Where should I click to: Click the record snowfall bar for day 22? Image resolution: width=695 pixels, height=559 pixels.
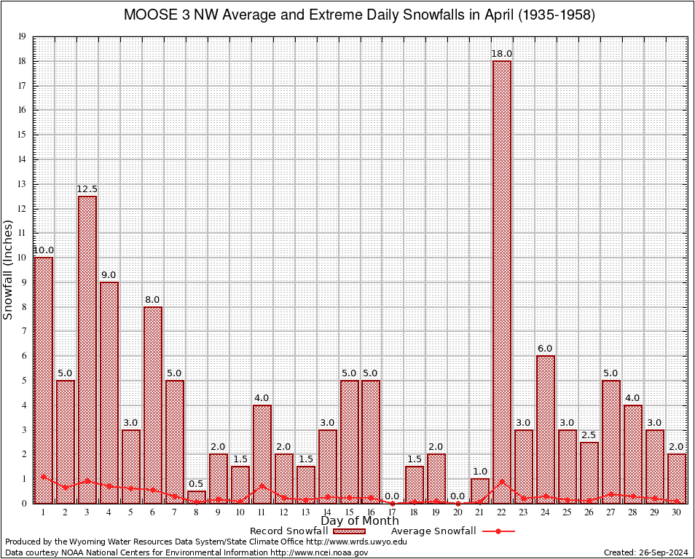(x=502, y=277)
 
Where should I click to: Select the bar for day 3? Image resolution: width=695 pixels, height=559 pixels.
(x=87, y=342)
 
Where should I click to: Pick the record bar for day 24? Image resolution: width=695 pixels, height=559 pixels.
(x=546, y=422)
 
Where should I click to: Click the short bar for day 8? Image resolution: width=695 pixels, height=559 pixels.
(x=197, y=497)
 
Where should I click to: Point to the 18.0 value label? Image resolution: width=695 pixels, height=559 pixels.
(x=502, y=54)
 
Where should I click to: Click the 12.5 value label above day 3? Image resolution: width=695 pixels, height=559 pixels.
(x=87, y=189)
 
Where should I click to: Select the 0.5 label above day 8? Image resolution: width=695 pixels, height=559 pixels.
(x=197, y=484)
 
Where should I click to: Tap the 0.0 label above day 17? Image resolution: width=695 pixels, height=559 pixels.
(x=393, y=496)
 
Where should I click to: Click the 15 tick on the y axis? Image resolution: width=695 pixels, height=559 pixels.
(x=23, y=135)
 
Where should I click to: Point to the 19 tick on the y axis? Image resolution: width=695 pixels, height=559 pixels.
(x=23, y=36)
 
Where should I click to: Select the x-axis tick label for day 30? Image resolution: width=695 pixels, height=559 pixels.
(x=677, y=512)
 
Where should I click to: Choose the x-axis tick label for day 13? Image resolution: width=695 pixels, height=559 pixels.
(x=305, y=512)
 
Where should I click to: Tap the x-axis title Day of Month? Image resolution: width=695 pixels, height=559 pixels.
(x=359, y=520)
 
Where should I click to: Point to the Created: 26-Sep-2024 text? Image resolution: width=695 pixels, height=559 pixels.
(x=646, y=553)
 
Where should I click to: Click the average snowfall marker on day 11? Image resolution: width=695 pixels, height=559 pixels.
(x=262, y=485)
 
